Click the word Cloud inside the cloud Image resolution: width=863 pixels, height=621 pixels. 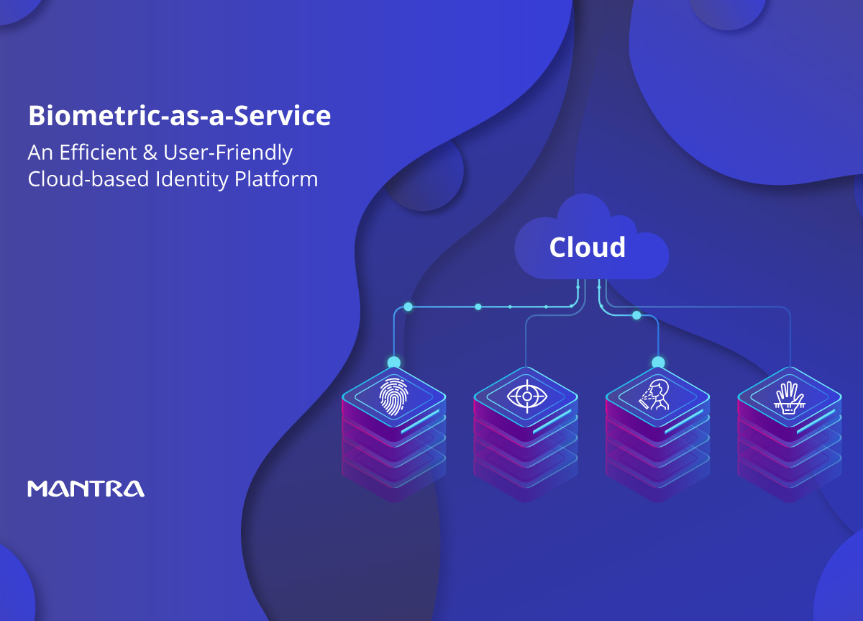(x=587, y=247)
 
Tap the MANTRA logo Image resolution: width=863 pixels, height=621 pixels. (x=86, y=489)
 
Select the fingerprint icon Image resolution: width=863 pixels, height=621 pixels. (x=393, y=396)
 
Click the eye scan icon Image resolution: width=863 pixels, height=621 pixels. (x=526, y=396)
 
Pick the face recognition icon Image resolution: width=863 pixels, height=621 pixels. (x=655, y=395)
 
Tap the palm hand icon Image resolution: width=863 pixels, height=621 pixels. (x=789, y=398)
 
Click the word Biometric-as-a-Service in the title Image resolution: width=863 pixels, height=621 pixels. (x=180, y=116)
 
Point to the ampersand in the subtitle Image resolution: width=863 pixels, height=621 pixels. (x=150, y=153)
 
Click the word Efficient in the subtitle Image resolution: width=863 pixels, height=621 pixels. (x=98, y=153)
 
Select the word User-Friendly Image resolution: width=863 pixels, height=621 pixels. (x=228, y=153)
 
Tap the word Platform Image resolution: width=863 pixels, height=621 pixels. (x=276, y=179)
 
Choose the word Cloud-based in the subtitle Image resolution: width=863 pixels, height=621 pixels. (x=88, y=179)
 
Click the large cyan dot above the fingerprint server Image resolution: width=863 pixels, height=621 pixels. (x=394, y=363)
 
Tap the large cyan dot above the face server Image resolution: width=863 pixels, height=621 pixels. (x=658, y=363)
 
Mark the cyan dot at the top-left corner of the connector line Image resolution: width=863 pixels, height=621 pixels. (x=408, y=307)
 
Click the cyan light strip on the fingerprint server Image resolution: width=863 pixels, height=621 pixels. (x=420, y=422)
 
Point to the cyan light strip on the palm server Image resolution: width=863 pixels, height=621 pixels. (x=816, y=422)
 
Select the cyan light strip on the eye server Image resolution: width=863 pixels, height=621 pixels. (x=552, y=422)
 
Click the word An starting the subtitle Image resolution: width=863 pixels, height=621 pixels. (x=40, y=153)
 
